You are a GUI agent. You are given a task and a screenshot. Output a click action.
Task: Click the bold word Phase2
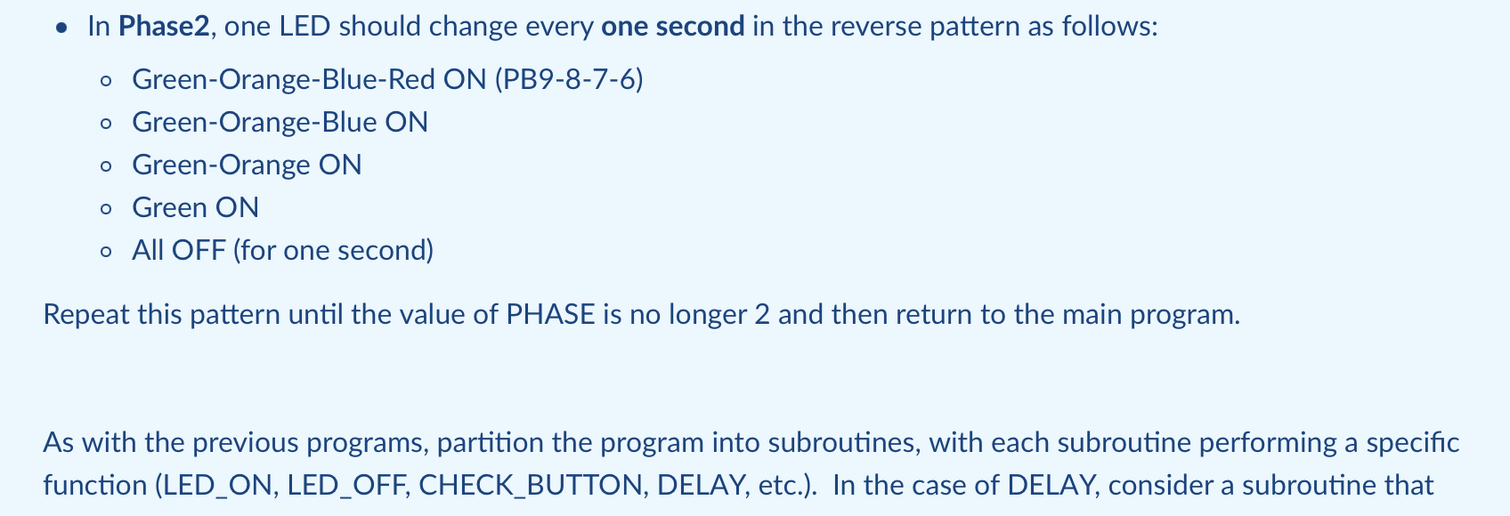tap(164, 27)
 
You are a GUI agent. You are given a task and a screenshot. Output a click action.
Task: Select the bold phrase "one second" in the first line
tap(672, 27)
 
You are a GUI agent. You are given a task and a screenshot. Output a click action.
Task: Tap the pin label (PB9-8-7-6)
tap(568, 80)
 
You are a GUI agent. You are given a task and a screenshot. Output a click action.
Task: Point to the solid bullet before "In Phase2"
tap(61, 28)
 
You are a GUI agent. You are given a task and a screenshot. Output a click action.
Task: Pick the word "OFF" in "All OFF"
tap(198, 251)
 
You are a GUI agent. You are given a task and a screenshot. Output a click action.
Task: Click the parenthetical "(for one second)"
tap(333, 251)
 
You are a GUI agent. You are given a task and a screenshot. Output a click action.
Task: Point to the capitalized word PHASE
tap(550, 315)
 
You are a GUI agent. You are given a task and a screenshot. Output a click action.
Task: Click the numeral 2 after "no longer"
tap(761, 315)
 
